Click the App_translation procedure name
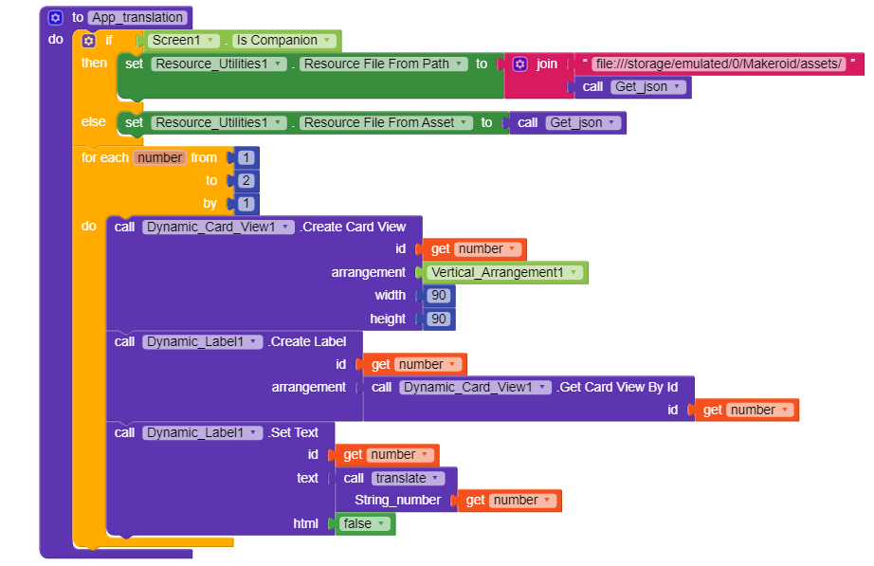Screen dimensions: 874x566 tap(137, 17)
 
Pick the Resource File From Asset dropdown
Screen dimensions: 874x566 tap(386, 122)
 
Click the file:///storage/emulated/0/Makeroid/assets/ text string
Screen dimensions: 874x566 tap(719, 64)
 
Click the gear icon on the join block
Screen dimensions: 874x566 tap(520, 64)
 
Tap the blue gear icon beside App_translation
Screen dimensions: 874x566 tap(55, 18)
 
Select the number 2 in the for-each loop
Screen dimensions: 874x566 tap(246, 181)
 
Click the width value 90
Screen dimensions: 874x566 tap(439, 296)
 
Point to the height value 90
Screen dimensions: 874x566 tap(439, 319)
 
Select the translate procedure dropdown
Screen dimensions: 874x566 tap(408, 479)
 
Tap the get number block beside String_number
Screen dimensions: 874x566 tap(509, 501)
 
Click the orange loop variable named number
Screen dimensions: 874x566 tap(160, 157)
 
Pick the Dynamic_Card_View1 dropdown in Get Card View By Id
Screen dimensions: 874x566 tap(475, 388)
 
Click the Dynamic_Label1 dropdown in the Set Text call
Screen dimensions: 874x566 tap(202, 432)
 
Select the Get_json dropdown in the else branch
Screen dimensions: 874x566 tap(583, 122)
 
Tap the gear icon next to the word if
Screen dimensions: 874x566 tap(88, 41)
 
